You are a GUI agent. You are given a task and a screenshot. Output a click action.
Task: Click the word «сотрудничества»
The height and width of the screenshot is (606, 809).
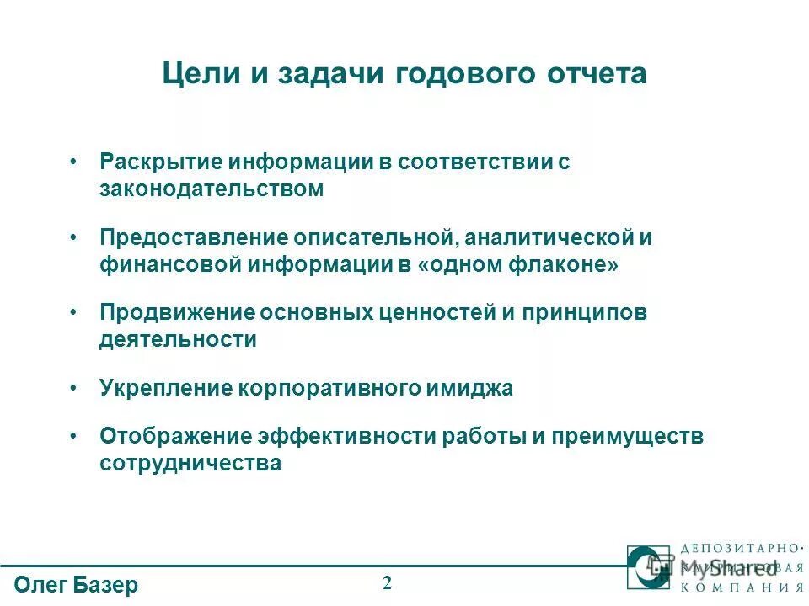pos(190,464)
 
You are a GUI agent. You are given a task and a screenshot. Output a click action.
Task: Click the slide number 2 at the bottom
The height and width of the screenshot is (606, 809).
pos(388,582)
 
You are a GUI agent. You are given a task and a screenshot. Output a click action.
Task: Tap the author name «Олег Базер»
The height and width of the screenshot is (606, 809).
pos(77,585)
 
